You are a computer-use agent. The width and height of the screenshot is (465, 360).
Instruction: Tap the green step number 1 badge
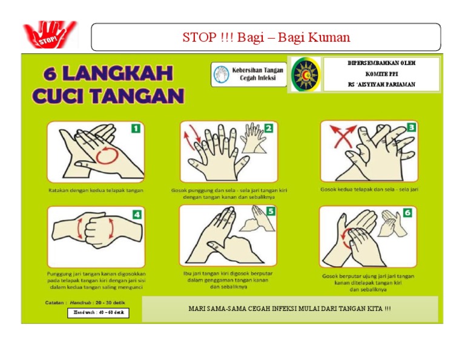tap(136, 128)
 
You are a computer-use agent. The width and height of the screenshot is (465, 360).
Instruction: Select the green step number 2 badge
tap(268, 128)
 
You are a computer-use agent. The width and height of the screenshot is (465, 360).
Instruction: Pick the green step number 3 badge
tap(411, 127)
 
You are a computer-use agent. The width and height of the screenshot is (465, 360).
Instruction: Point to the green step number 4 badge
tap(137, 214)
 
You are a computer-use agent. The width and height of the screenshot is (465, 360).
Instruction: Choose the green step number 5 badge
tap(270, 212)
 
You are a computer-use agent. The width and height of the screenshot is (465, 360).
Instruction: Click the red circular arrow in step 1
tap(107, 154)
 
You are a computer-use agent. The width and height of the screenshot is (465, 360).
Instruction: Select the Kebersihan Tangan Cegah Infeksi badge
tap(249, 74)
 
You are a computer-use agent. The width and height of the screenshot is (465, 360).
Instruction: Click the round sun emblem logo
tap(305, 75)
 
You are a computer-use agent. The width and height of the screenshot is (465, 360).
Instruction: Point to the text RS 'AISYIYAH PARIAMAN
tap(381, 84)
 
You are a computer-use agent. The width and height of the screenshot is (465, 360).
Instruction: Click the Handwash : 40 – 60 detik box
tap(97, 313)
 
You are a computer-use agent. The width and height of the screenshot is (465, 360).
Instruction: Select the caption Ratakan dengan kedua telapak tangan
tap(96, 190)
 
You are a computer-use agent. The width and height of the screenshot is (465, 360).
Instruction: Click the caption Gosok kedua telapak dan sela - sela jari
tap(369, 189)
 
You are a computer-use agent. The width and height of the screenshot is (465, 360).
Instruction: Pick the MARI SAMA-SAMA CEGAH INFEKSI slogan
tap(289, 309)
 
